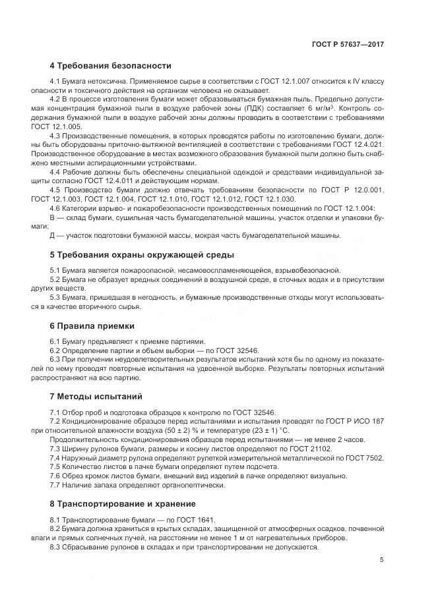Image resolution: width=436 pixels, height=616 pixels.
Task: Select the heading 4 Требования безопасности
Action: point(110,66)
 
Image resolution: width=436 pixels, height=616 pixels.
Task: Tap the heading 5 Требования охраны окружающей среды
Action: point(142,254)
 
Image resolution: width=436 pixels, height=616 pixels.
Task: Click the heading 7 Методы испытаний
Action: point(96,397)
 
